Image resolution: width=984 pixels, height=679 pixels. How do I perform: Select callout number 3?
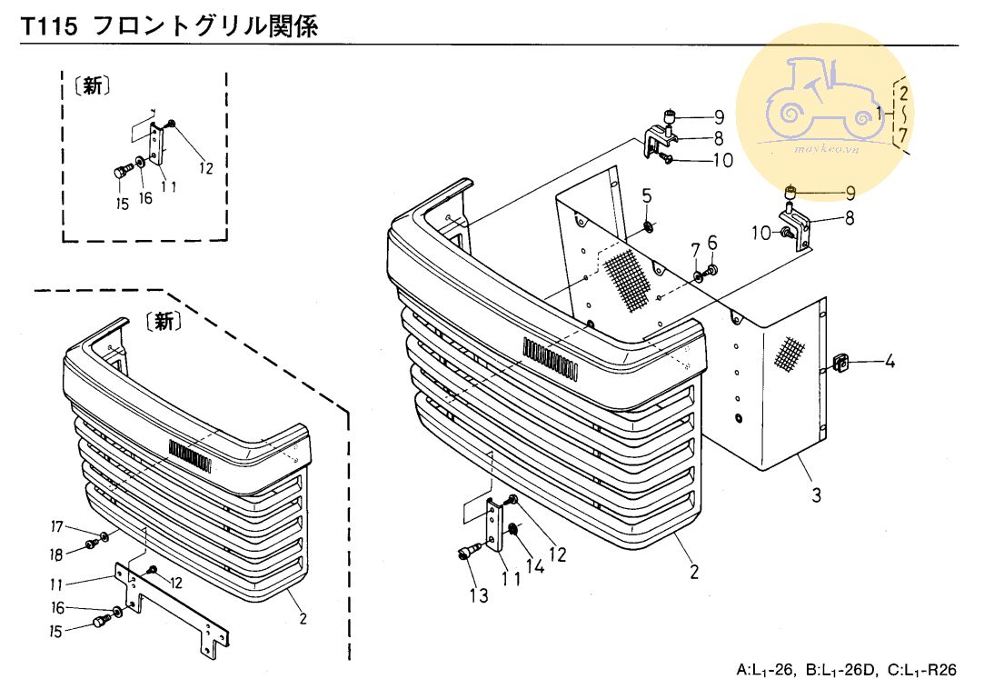coord(816,495)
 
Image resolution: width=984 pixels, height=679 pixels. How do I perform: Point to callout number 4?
coord(890,363)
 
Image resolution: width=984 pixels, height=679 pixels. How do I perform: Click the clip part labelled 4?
coord(841,364)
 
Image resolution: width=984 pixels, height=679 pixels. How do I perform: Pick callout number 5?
coord(647,195)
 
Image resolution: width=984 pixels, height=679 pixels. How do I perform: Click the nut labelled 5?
coord(648,225)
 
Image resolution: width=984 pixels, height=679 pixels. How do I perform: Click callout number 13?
coord(479,595)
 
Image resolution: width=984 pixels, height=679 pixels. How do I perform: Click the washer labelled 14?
coord(513,529)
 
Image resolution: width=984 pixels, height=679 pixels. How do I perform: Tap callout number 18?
coord(56,554)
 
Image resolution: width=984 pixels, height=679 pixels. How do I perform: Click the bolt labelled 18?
coord(91,544)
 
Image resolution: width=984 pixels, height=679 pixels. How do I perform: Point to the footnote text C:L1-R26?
coord(923,670)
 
